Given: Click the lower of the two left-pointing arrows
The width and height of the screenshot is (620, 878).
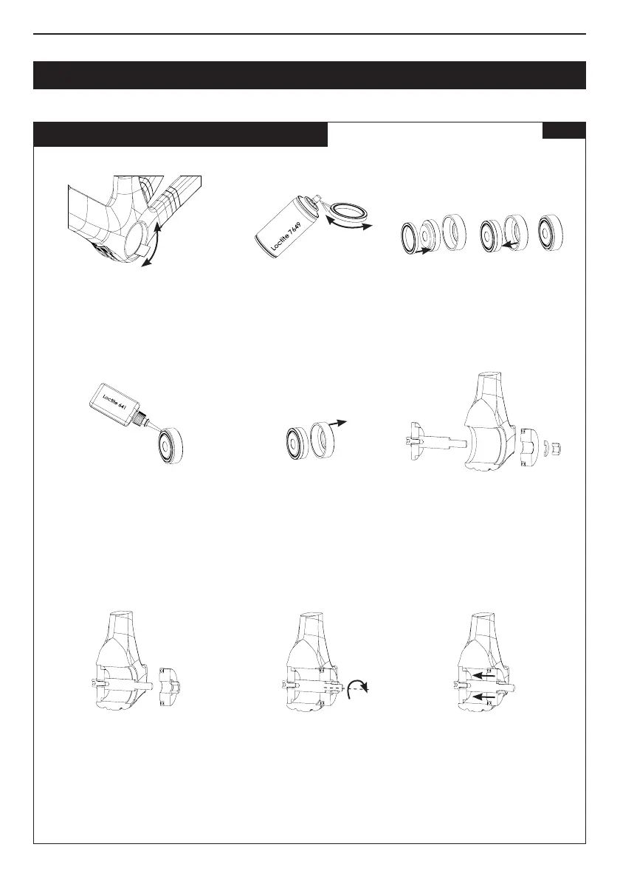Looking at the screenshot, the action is pos(485,695).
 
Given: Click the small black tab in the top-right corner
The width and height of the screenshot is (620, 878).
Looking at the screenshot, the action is pos(564,131).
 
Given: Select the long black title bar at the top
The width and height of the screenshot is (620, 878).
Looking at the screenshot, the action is pos(309,75).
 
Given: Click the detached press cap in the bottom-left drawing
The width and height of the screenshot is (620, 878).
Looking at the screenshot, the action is pos(170,685).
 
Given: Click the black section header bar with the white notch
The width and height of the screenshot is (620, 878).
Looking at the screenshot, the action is pos(181,134).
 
